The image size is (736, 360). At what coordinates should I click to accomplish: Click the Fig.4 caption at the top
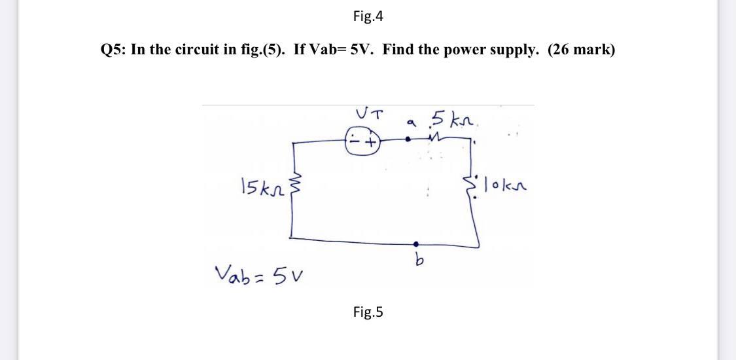tap(368, 16)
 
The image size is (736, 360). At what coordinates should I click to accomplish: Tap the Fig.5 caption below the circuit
tap(368, 312)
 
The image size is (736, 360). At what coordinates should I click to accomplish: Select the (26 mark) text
tap(581, 50)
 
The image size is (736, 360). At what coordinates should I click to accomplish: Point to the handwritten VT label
tap(369, 114)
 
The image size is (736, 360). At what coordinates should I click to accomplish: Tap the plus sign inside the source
tap(372, 141)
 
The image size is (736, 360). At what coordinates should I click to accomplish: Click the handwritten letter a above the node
tap(410, 121)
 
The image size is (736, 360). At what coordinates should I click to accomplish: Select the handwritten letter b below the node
tap(415, 261)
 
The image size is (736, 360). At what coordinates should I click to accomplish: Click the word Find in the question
tap(398, 50)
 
